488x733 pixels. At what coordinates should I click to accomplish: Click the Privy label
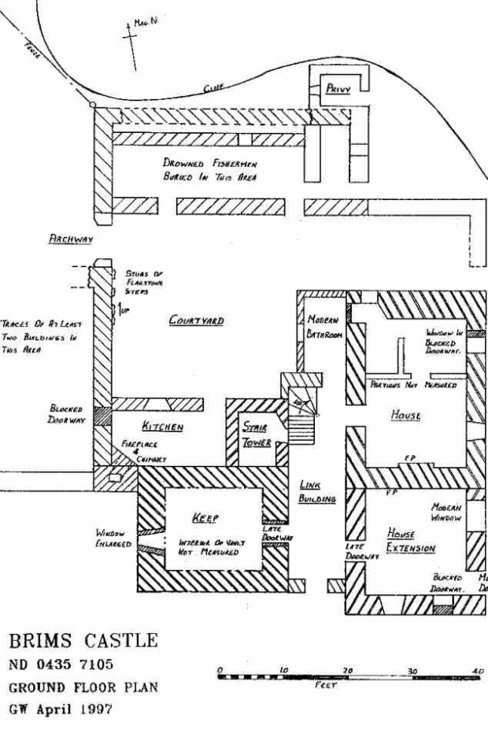coord(338,90)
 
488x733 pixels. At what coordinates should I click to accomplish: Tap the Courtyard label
coord(196,321)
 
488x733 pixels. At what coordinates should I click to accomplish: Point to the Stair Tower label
coord(257,435)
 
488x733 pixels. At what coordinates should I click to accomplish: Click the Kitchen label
coord(162,427)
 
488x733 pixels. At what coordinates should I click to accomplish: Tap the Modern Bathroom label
coord(323,328)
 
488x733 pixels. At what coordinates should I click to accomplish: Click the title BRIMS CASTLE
coord(83,639)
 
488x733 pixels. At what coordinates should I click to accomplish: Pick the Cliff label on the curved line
coord(213,91)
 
